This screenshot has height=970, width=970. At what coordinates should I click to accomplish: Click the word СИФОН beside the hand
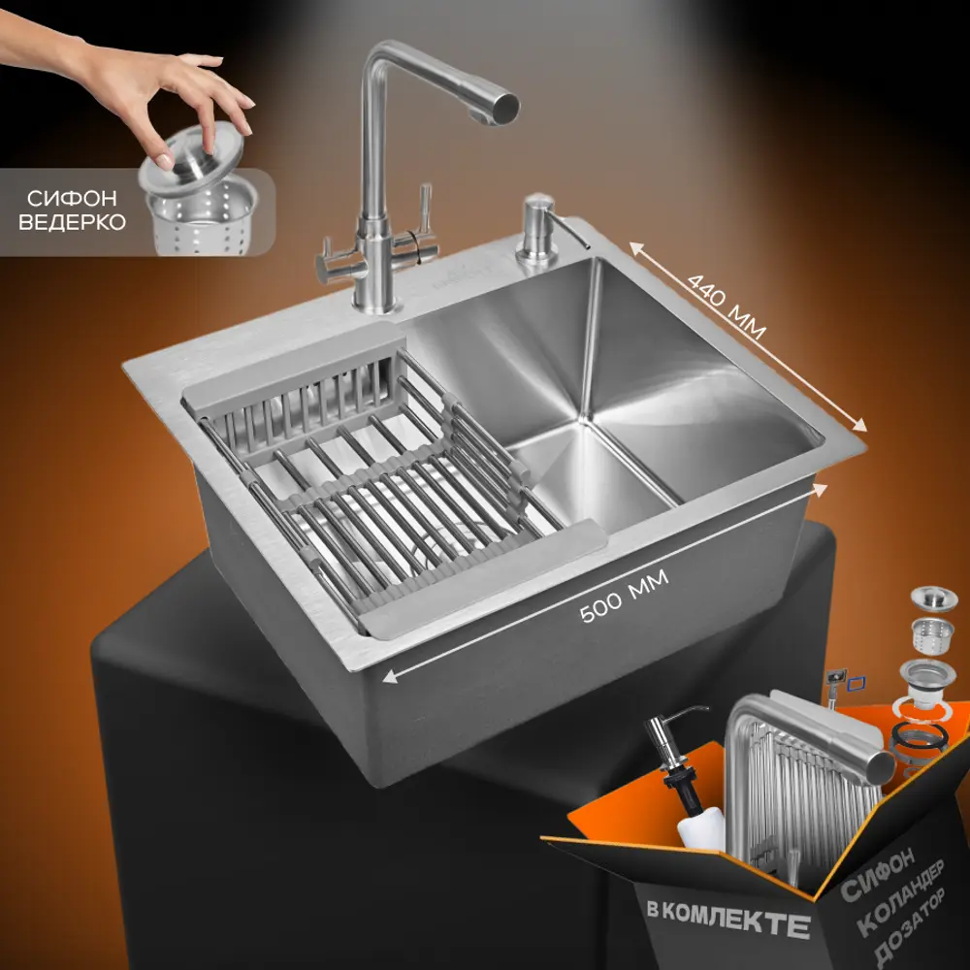pos(72,198)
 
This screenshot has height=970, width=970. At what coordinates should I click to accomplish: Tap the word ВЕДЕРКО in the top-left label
pos(72,221)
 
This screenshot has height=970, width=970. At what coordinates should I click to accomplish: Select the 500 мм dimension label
pos(624,596)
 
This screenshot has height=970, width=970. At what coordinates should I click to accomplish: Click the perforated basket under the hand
pos(202,216)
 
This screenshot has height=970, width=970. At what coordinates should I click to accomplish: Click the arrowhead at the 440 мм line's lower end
pos(861,426)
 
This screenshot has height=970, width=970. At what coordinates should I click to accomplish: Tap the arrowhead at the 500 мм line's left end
pos(390,677)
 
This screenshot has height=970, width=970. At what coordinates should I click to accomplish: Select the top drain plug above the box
pos(934,598)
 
